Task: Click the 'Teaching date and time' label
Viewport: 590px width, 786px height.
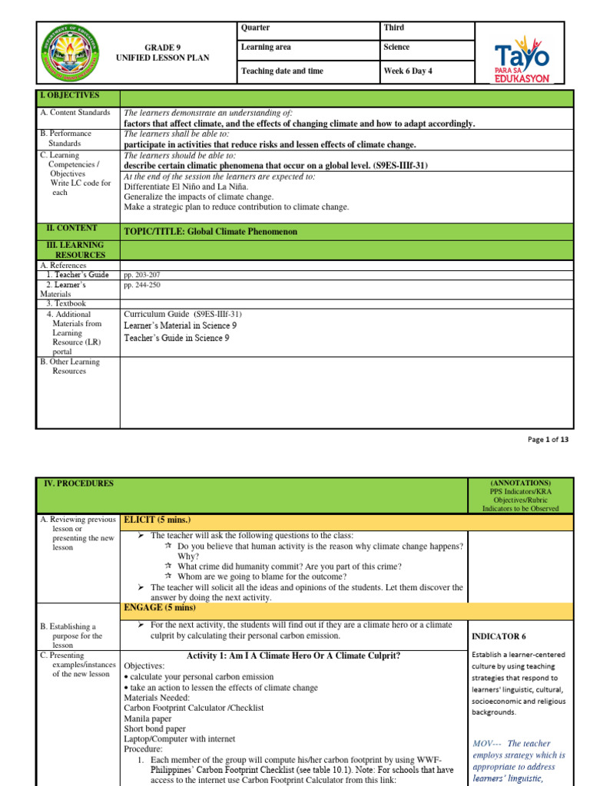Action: tap(282, 71)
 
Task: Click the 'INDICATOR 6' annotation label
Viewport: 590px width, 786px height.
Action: tap(498, 636)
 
